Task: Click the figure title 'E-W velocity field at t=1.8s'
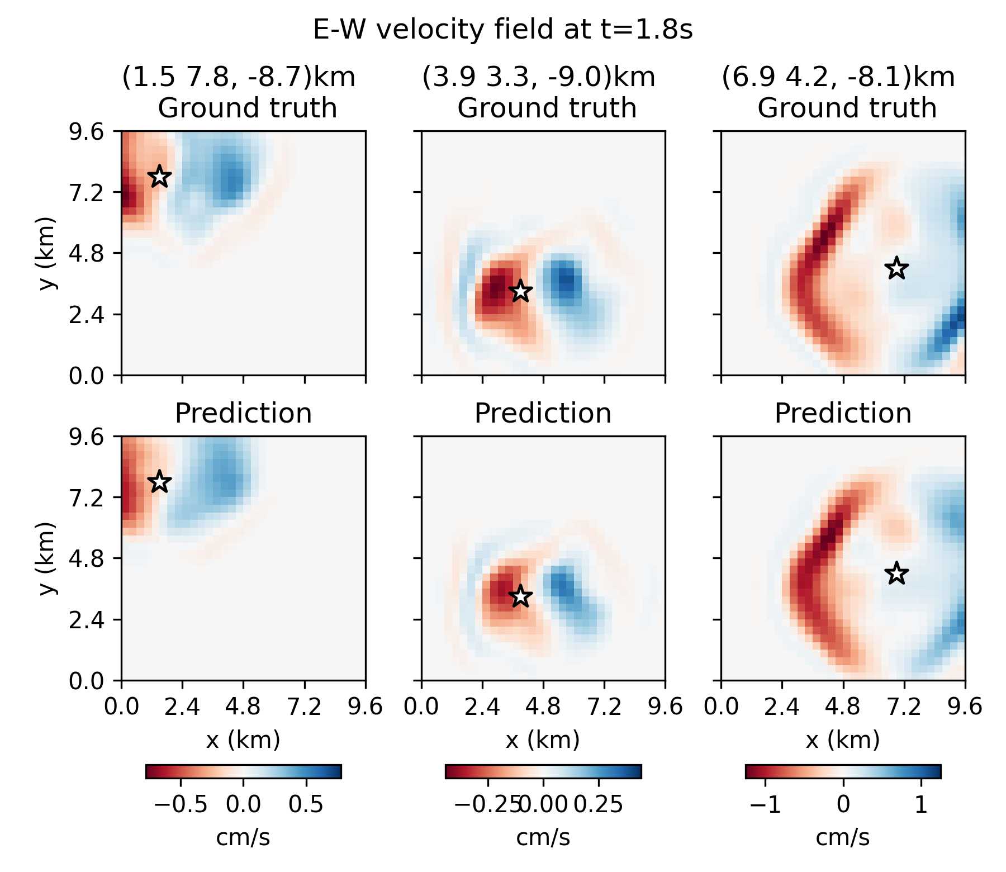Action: click(x=502, y=29)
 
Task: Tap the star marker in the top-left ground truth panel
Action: click(x=159, y=176)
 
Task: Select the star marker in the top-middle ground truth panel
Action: click(x=520, y=291)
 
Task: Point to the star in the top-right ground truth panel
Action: click(x=896, y=268)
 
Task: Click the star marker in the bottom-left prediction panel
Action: click(x=159, y=481)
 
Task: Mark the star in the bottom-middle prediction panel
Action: click(x=520, y=596)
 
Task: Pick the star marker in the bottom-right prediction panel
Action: click(x=896, y=573)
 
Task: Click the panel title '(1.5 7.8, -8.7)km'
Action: click(x=239, y=77)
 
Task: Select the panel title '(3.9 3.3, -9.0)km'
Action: click(x=538, y=77)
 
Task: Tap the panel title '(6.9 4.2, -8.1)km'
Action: click(x=838, y=77)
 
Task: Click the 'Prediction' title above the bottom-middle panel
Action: click(x=543, y=414)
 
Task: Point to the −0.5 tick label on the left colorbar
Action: click(x=180, y=805)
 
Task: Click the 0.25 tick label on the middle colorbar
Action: click(x=598, y=805)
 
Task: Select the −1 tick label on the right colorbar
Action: click(x=765, y=805)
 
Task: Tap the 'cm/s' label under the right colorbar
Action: click(x=842, y=837)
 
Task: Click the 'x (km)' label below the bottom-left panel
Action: click(x=243, y=740)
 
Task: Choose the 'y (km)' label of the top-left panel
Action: click(x=48, y=253)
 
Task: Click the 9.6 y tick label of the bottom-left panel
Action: click(x=86, y=437)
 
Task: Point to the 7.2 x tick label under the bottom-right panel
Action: click(x=904, y=707)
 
